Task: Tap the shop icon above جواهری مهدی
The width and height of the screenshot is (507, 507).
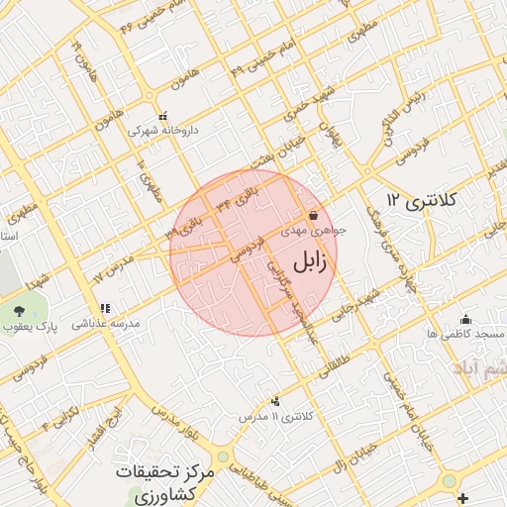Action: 313,214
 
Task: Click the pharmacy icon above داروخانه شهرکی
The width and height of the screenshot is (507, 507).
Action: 162,115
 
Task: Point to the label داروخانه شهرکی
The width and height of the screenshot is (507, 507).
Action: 167,130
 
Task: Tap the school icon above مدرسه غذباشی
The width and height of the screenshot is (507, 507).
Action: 104,308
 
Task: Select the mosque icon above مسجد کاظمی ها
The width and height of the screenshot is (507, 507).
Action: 465,319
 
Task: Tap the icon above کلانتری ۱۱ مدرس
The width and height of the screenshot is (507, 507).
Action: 274,401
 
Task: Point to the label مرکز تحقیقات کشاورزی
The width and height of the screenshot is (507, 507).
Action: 164,482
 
